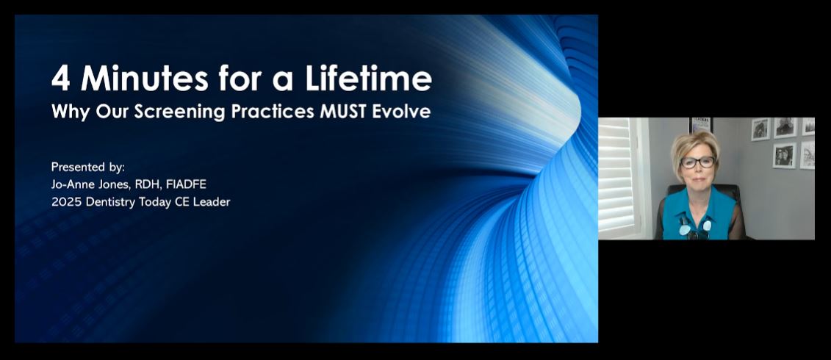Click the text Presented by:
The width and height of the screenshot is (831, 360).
click(88, 167)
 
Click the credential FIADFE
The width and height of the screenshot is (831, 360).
click(186, 184)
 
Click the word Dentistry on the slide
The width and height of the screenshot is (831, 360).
click(111, 201)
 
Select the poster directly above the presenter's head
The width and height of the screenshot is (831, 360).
click(700, 124)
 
